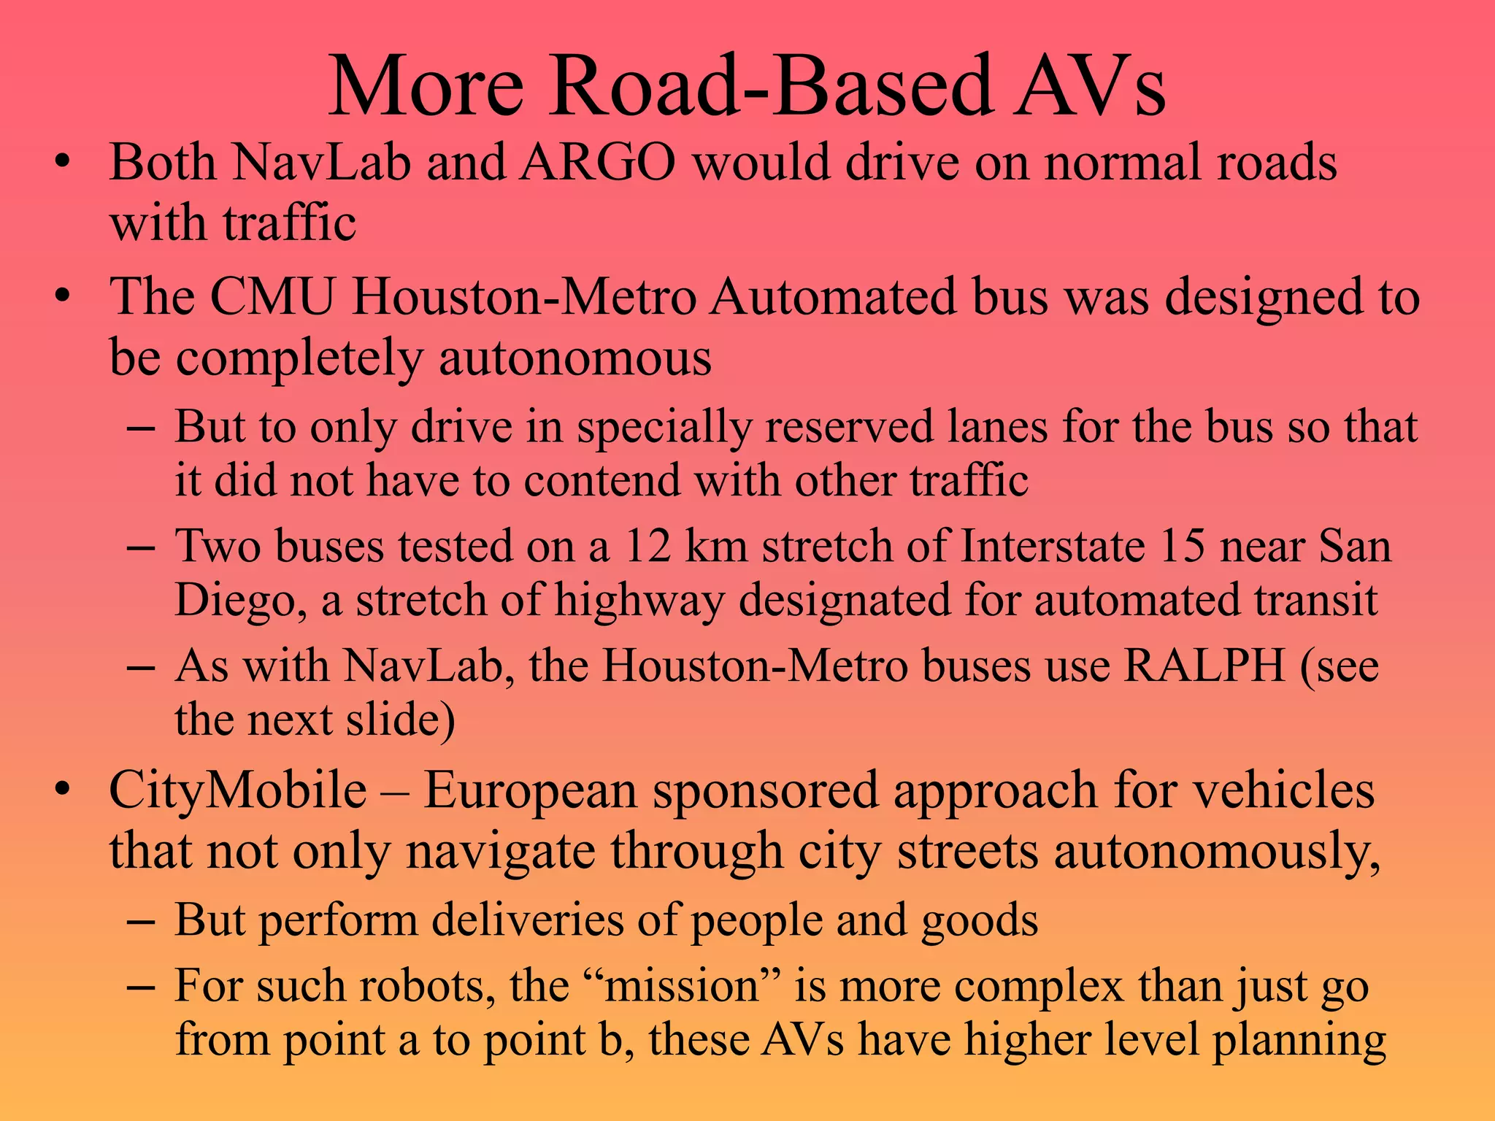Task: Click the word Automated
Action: tap(833, 297)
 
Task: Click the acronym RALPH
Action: tap(1204, 666)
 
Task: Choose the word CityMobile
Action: tap(238, 791)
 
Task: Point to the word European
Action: tap(531, 791)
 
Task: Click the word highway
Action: tap(639, 601)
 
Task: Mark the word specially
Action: tap(664, 428)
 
